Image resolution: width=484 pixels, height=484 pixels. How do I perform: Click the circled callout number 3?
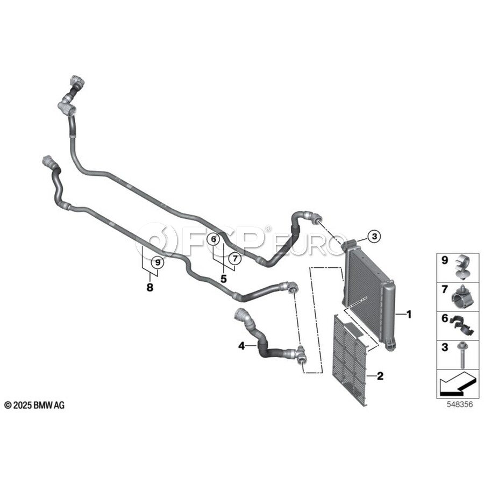click(374, 237)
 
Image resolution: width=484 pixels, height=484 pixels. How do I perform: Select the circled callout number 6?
click(213, 239)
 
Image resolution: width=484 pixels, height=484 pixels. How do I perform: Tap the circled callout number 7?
click(234, 258)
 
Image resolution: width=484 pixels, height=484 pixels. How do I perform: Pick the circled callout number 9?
click(158, 262)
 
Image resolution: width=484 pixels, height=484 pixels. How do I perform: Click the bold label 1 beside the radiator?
click(409, 315)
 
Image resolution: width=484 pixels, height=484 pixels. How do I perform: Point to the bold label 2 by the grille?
click(380, 376)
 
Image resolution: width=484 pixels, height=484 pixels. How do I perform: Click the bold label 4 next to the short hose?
click(241, 346)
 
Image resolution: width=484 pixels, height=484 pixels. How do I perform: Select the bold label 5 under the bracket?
click(224, 279)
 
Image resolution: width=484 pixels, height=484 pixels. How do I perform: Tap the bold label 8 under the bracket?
click(150, 288)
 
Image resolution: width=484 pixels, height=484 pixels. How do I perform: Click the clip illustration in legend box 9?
click(462, 267)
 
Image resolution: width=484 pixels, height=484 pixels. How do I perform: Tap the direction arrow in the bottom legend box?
click(457, 383)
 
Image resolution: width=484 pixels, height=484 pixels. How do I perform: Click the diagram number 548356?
click(460, 404)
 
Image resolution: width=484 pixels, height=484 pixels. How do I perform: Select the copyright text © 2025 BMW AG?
click(34, 405)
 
